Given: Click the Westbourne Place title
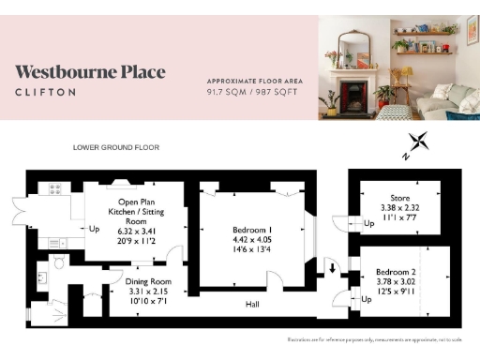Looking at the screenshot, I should [x=90, y=72].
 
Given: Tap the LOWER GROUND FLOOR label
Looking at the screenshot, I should [x=116, y=148].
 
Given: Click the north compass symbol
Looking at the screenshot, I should [x=418, y=144].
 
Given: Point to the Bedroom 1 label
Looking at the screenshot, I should [x=252, y=230].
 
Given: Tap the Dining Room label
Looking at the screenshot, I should [x=148, y=281].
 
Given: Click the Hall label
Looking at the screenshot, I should [x=252, y=304].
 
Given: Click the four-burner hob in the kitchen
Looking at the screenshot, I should [x=55, y=188].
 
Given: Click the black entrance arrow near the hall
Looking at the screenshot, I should [x=333, y=269].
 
